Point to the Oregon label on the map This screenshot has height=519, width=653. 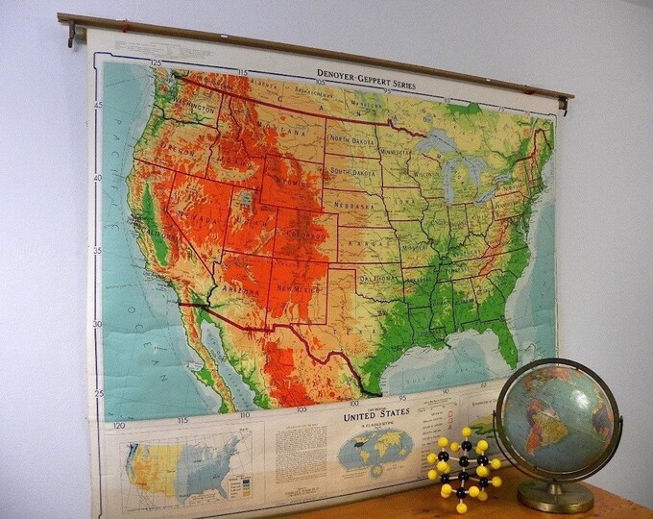(x=175, y=152)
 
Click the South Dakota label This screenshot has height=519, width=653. (x=353, y=172)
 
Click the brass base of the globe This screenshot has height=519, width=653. (x=554, y=495)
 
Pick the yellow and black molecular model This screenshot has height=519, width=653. (x=464, y=467)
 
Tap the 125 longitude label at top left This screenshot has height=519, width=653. (x=156, y=62)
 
